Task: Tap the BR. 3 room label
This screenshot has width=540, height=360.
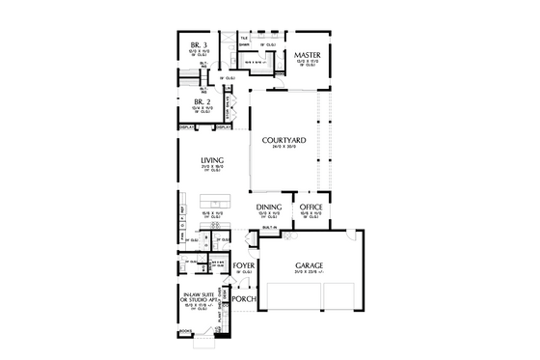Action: point(201,44)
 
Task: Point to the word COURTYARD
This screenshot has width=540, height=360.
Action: point(284,141)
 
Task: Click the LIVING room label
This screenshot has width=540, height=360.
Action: point(212,160)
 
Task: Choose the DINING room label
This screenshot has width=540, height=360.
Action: point(268,207)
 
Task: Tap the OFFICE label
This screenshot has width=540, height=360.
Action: point(310,207)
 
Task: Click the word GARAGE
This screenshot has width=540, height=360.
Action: point(310,264)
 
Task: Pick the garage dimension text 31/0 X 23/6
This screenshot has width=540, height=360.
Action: point(310,273)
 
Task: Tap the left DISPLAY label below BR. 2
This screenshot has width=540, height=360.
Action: point(186,126)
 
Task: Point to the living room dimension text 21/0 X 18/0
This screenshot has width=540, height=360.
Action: point(212,168)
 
